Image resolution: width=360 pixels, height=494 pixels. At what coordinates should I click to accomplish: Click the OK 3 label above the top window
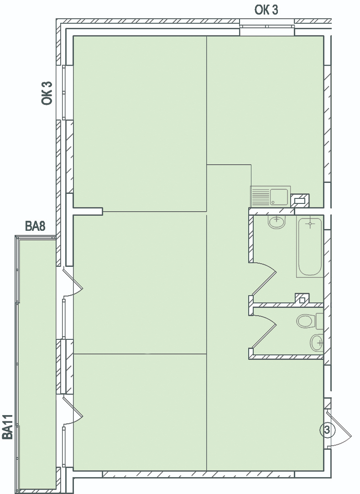(266, 10)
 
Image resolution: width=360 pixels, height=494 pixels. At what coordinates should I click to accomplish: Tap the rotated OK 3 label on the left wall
(47, 93)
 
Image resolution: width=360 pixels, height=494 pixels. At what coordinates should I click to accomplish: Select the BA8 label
(35, 226)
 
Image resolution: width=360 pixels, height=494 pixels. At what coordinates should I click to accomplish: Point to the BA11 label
(8, 427)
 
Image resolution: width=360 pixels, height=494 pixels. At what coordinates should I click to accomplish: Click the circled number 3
(327, 430)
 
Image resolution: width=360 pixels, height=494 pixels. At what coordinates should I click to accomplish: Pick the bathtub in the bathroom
(310, 246)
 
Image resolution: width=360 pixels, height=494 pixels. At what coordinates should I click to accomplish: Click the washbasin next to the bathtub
(277, 222)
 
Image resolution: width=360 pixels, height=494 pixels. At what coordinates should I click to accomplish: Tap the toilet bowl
(305, 321)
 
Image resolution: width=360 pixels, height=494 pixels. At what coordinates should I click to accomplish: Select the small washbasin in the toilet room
(317, 343)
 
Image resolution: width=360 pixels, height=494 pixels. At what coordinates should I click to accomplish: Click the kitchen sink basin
(279, 197)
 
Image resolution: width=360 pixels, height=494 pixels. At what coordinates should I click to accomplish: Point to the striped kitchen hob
(261, 197)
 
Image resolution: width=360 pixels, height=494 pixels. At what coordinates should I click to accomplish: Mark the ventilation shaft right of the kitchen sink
(300, 201)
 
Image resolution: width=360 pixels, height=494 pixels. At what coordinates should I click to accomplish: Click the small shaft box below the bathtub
(302, 298)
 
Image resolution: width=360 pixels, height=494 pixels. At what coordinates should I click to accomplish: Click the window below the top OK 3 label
(267, 26)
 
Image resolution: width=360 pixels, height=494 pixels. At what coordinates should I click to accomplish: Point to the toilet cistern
(319, 321)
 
